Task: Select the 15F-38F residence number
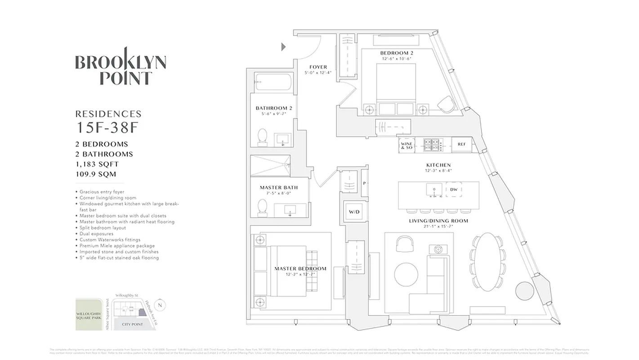coord(106,128)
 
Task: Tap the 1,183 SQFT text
coord(97,164)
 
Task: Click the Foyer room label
coord(318,67)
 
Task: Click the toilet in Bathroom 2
coord(263,137)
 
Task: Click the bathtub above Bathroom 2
coord(273,83)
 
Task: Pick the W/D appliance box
coord(354,212)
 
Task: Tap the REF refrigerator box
coord(462,144)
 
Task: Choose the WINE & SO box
coord(406,145)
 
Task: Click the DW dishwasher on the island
coord(454,190)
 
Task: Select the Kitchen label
coord(438,165)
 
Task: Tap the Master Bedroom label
coord(300,269)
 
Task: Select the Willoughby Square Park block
coord(89,314)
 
